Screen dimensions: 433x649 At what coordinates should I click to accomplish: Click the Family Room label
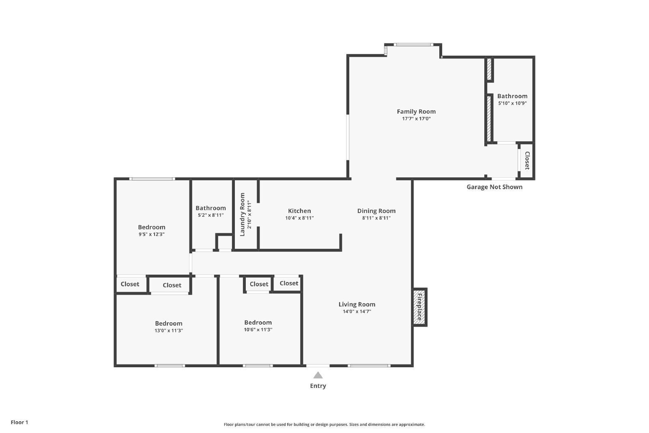416,112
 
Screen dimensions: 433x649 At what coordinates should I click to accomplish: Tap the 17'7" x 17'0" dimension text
416,119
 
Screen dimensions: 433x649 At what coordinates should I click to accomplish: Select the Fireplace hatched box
419,307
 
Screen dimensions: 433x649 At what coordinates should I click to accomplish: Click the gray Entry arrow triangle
318,375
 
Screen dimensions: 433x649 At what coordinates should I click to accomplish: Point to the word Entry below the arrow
318,386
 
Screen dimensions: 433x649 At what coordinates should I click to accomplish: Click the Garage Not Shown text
494,187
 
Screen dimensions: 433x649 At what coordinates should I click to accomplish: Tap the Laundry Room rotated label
243,214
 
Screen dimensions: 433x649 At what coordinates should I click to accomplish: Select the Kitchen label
299,211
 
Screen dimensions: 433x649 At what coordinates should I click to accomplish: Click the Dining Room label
376,211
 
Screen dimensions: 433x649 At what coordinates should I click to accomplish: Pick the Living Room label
357,304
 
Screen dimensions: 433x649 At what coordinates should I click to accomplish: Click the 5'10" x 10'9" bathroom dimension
512,103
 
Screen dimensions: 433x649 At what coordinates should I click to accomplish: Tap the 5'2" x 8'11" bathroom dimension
211,215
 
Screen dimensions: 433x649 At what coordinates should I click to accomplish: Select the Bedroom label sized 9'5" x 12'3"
152,227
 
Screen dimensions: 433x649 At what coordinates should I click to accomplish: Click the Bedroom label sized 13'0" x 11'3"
169,323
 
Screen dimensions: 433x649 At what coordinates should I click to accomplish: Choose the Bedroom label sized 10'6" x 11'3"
258,323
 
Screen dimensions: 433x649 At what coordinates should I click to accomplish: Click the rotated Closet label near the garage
527,161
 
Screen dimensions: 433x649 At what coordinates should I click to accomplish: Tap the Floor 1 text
19,422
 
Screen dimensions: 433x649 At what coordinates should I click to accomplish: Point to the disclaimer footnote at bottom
324,424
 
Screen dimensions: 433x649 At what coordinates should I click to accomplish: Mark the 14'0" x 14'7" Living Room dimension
357,312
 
